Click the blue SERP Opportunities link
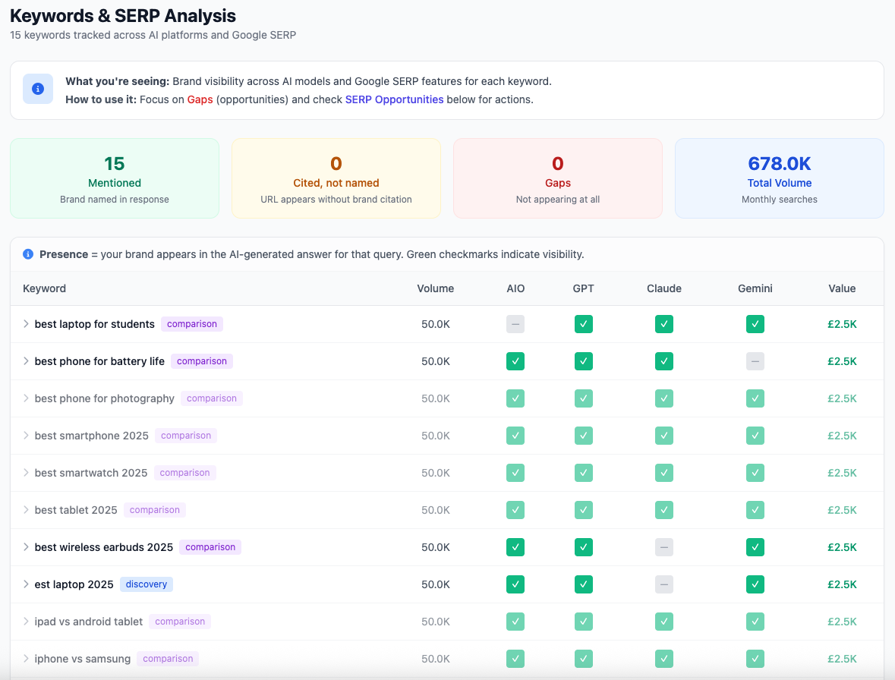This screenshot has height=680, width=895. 394,99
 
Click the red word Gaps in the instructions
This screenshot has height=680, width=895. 200,99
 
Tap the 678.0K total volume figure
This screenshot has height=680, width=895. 779,163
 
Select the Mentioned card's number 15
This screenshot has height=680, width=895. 115,163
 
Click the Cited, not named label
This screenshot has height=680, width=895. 336,183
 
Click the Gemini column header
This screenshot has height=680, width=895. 755,288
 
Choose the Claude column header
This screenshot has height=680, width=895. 663,288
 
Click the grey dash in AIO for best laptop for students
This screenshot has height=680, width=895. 515,324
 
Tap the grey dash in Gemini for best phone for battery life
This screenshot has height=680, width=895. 755,361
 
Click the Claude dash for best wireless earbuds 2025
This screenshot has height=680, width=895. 664,547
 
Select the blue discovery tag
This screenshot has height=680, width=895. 147,584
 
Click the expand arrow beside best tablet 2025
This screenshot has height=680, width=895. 26,510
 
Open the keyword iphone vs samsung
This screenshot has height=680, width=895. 82,659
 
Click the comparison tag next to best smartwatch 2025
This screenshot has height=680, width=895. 184,473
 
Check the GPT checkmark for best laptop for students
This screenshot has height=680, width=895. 583,324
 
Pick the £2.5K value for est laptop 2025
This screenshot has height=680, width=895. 842,584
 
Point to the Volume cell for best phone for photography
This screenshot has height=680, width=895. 435,398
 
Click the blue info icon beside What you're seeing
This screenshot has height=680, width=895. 38,89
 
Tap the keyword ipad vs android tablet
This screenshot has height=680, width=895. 88,622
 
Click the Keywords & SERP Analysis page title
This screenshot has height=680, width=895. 123,15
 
